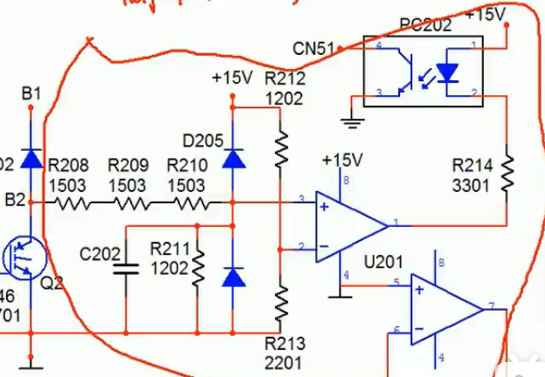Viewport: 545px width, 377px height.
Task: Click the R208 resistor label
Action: click(x=68, y=165)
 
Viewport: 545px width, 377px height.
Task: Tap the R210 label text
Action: click(x=186, y=165)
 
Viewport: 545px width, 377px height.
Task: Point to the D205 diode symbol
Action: click(x=232, y=158)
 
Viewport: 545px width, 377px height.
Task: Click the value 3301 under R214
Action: click(x=473, y=185)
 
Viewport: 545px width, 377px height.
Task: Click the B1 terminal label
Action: click(x=31, y=92)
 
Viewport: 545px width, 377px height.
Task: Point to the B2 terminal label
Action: click(x=14, y=201)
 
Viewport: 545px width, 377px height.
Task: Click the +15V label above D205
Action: click(x=231, y=79)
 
